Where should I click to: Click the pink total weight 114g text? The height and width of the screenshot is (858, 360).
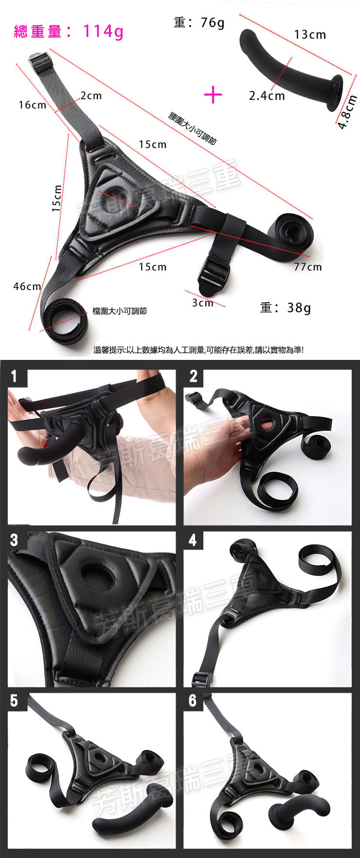click(69, 32)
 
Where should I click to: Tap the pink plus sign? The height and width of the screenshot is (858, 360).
click(213, 94)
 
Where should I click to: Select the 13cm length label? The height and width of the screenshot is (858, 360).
click(310, 35)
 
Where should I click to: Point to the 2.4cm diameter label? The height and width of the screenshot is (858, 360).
click(267, 95)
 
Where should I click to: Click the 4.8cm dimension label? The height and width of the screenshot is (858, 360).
click(348, 111)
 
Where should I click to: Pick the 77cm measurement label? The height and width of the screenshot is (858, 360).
click(308, 267)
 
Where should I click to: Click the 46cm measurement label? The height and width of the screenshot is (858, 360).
click(27, 286)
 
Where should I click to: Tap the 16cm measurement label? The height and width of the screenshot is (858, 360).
click(32, 105)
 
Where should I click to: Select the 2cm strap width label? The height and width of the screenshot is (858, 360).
click(91, 95)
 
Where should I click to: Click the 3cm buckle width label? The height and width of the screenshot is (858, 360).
click(202, 303)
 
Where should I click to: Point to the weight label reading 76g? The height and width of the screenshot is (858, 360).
click(199, 22)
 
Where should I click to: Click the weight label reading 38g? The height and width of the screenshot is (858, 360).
click(286, 307)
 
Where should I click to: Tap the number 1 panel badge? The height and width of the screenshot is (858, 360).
click(14, 376)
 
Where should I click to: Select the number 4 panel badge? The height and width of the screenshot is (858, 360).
click(193, 540)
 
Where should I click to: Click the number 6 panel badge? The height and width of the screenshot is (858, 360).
click(193, 700)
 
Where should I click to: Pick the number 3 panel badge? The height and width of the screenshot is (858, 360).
click(14, 540)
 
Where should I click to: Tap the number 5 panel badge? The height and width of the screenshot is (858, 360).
click(14, 700)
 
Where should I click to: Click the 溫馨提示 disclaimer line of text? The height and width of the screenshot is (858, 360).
click(198, 349)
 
